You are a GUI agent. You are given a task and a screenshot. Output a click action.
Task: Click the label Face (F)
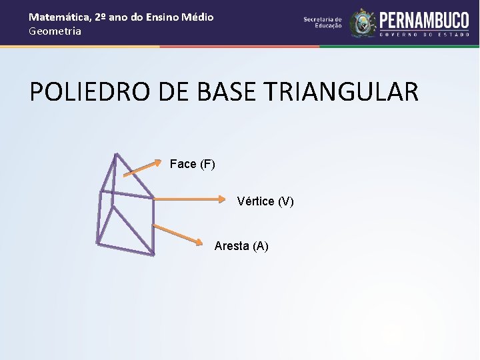(192, 164)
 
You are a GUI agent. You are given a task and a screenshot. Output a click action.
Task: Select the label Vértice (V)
(265, 201)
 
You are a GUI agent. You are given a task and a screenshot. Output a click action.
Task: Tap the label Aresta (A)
(241, 246)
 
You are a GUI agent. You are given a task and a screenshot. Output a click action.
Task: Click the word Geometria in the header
(55, 31)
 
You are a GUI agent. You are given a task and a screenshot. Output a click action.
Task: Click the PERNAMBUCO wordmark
(424, 19)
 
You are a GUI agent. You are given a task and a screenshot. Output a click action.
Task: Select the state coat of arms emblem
(363, 23)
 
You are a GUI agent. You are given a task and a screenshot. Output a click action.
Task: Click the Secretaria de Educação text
(323, 23)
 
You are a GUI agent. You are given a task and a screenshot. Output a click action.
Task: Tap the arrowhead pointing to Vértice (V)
(223, 199)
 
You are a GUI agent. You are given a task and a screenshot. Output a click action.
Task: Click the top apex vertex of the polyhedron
(115, 155)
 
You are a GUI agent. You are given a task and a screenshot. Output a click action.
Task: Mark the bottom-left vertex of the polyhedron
(97, 243)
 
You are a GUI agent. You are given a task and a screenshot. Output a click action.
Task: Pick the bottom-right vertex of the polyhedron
(153, 254)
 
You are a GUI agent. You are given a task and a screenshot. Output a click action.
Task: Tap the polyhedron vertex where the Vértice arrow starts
(153, 198)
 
